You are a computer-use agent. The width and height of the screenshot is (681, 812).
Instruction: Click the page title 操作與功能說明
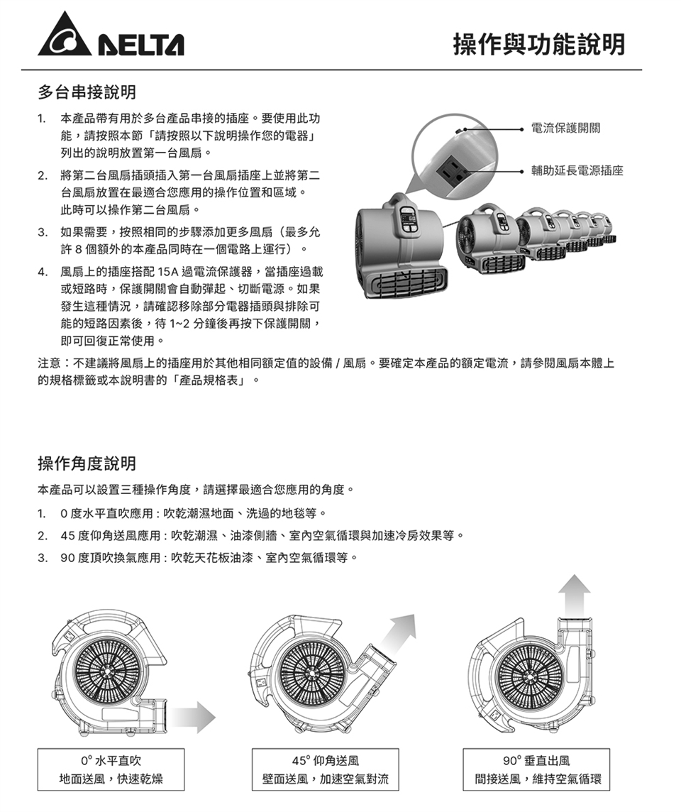(539, 45)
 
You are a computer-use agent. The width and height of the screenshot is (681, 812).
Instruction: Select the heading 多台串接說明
(87, 92)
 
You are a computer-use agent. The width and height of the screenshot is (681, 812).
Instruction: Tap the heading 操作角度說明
(87, 463)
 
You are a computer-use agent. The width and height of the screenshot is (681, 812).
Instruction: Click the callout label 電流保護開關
(565, 128)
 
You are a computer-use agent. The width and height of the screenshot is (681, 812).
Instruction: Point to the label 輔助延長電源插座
(577, 170)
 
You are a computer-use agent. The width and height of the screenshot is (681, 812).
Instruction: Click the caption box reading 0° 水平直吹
(111, 769)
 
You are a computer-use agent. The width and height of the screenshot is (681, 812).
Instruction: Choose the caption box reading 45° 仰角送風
(326, 769)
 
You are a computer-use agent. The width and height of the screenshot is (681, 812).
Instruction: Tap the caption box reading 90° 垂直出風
(536, 769)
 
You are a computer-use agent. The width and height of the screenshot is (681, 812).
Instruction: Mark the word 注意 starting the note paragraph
(50, 363)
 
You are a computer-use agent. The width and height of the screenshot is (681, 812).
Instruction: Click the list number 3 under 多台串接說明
(42, 232)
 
